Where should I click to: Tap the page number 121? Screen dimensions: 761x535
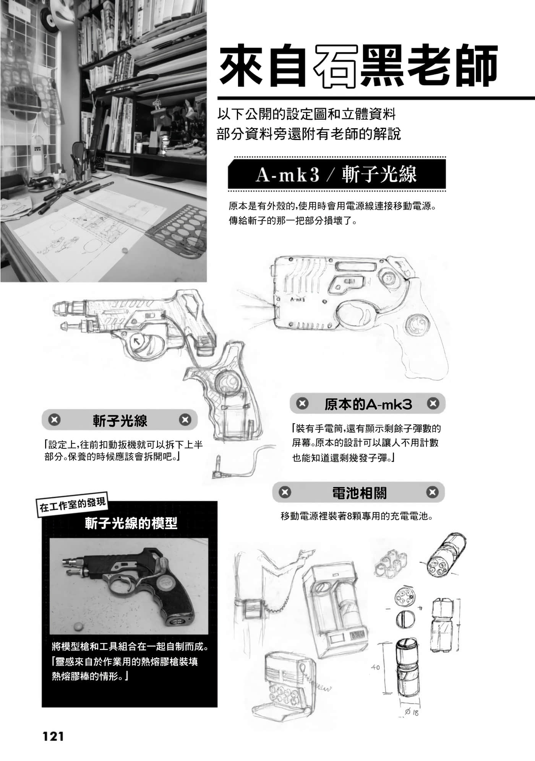point(53,736)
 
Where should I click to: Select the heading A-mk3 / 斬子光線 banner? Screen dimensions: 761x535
point(336,174)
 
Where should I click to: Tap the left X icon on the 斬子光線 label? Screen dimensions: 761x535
point(54,420)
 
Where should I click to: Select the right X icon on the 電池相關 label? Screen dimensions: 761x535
point(432,492)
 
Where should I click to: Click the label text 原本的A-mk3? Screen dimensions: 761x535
point(368,404)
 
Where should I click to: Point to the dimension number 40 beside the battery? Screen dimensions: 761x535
point(375,667)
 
